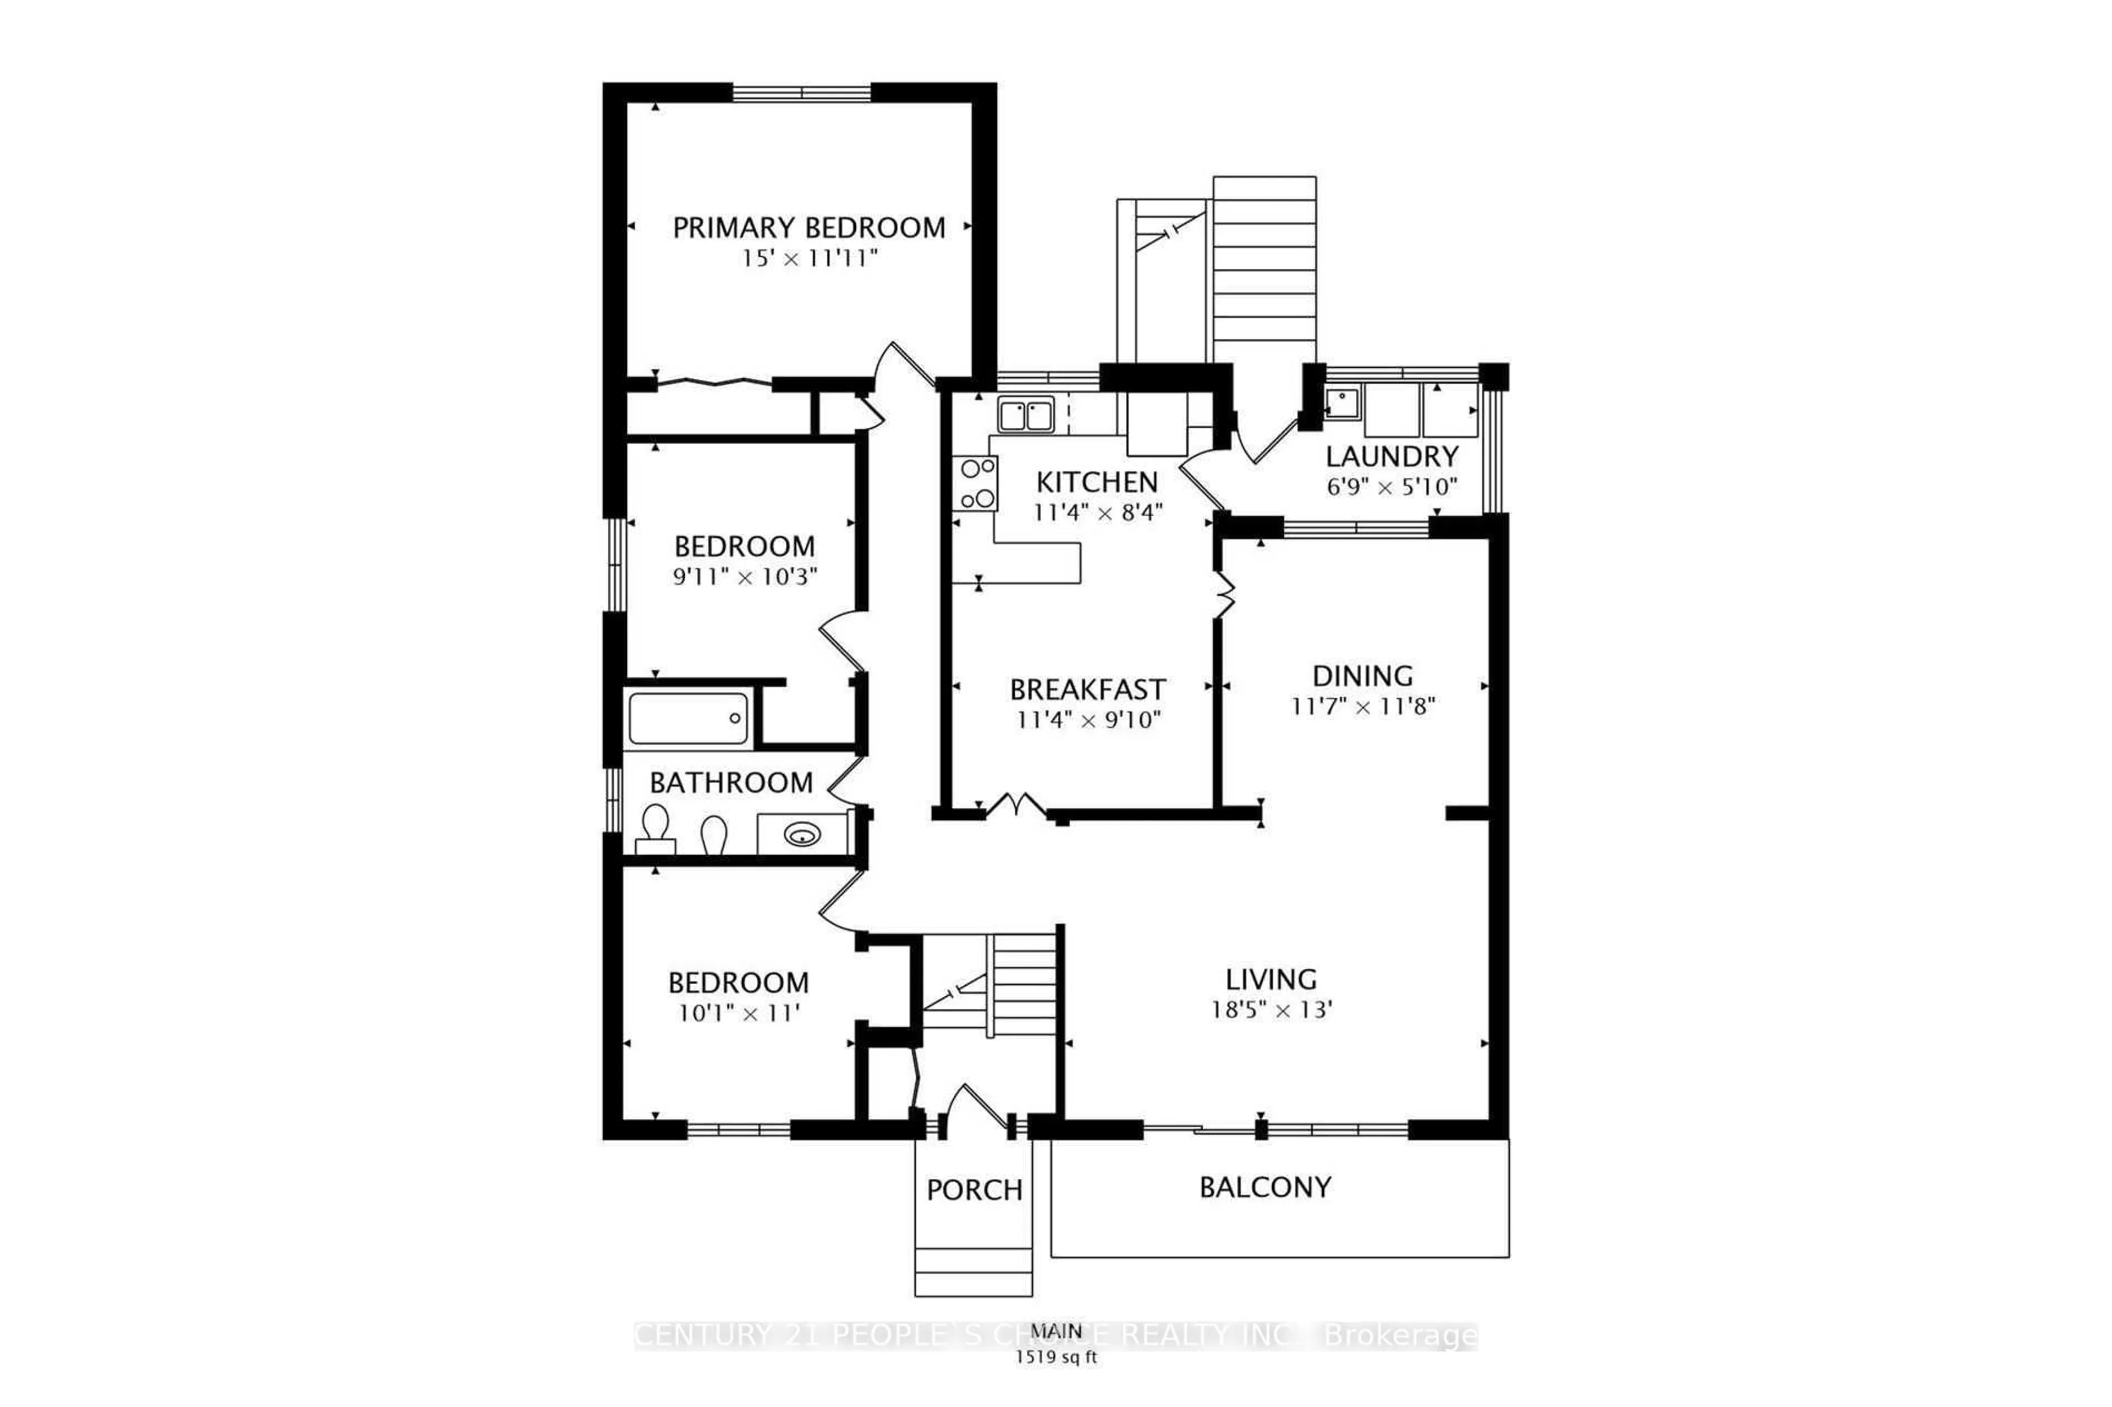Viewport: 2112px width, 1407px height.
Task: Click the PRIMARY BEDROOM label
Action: pyautogui.click(x=808, y=228)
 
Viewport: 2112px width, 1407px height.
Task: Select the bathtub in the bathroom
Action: pyautogui.click(x=689, y=719)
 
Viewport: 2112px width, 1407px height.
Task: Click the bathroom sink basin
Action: pyautogui.click(x=801, y=835)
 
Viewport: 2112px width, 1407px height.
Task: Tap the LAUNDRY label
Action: pyautogui.click(x=1391, y=457)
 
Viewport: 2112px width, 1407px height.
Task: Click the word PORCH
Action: pyautogui.click(x=974, y=1191)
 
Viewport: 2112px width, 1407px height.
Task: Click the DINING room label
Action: pyautogui.click(x=1362, y=676)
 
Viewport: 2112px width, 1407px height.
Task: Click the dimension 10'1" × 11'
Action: pyautogui.click(x=739, y=1014)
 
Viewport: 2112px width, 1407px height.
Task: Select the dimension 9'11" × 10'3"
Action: pyautogui.click(x=745, y=577)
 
